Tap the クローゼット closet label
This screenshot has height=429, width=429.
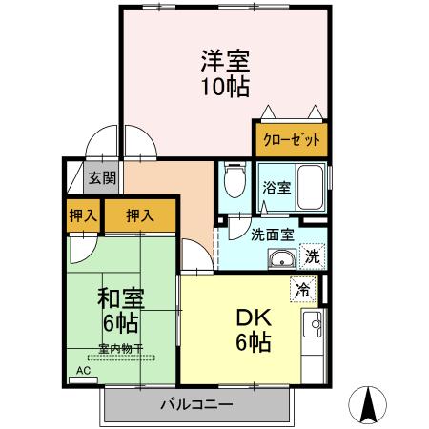coord(290,139)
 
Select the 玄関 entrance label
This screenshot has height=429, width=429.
coord(101,177)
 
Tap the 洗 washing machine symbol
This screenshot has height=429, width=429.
coord(312,255)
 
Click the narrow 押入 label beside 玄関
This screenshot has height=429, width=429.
coord(83,215)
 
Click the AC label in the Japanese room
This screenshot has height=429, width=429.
coord(82,370)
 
